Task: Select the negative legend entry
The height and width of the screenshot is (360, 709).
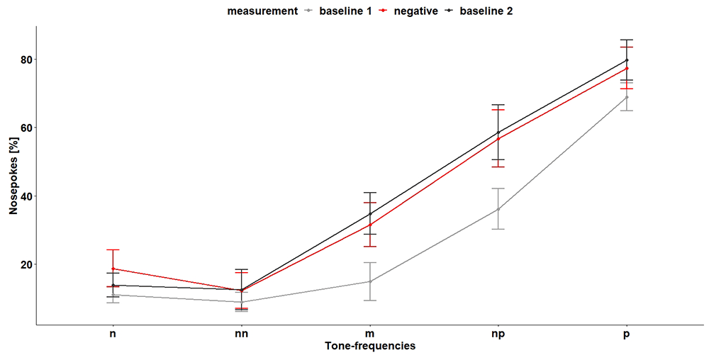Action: point(408,11)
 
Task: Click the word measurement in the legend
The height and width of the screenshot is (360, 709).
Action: point(263,11)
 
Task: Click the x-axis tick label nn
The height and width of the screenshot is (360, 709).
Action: point(242,337)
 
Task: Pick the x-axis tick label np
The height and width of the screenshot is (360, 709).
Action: point(498,337)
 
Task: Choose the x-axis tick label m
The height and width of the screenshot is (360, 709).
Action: point(370,337)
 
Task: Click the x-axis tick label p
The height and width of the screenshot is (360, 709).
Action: point(627,337)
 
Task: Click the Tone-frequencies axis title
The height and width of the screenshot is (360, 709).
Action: point(370,347)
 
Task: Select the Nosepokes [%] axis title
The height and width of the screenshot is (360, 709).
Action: point(13,176)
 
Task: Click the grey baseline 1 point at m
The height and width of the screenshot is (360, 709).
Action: point(370,281)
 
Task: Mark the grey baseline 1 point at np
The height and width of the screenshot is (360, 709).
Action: point(498,209)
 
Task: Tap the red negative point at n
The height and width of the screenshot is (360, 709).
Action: point(113,269)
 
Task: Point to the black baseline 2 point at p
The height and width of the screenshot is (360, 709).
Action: point(627,60)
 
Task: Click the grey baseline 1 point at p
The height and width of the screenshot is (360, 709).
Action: point(627,97)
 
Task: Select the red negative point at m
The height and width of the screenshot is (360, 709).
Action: point(370,225)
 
